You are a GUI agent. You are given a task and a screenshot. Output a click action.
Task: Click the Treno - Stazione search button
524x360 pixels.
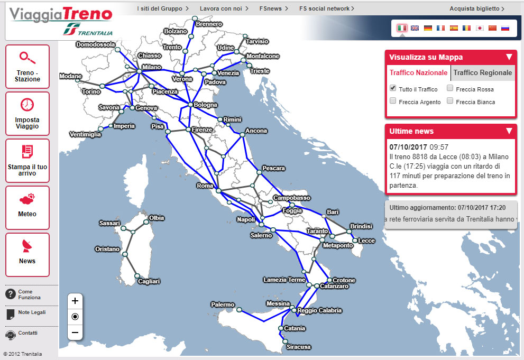point(27,67)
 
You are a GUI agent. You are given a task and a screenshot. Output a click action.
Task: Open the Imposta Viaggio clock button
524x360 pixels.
point(27,114)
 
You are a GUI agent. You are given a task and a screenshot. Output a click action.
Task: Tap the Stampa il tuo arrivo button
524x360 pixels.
point(27,161)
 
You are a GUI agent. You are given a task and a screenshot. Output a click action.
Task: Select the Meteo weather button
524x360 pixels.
point(27,207)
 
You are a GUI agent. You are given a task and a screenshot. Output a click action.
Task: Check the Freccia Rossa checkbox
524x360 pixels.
point(450,89)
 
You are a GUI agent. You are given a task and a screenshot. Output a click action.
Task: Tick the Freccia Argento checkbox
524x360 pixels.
point(393,101)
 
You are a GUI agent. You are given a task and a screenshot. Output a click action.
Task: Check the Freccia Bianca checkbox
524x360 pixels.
point(450,101)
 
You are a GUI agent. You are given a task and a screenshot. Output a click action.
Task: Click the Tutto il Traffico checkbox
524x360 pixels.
point(393,88)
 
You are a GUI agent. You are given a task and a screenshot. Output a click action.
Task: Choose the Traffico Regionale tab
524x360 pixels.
point(482,73)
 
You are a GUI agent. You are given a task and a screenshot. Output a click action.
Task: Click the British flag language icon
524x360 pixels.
point(415,28)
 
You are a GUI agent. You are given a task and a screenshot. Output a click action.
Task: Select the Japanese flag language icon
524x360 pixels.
point(480,28)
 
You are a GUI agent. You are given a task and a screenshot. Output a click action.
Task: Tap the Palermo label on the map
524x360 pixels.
point(223,304)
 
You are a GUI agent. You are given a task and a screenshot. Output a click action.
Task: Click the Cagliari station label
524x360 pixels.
point(149,282)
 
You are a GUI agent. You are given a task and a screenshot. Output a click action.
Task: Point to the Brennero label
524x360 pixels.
point(209,24)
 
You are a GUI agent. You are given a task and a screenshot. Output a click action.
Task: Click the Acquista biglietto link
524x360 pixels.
point(476,8)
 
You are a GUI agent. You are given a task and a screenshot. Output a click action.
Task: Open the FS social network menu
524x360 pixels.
point(326,8)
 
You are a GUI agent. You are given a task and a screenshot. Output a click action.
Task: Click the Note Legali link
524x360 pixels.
point(32,312)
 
